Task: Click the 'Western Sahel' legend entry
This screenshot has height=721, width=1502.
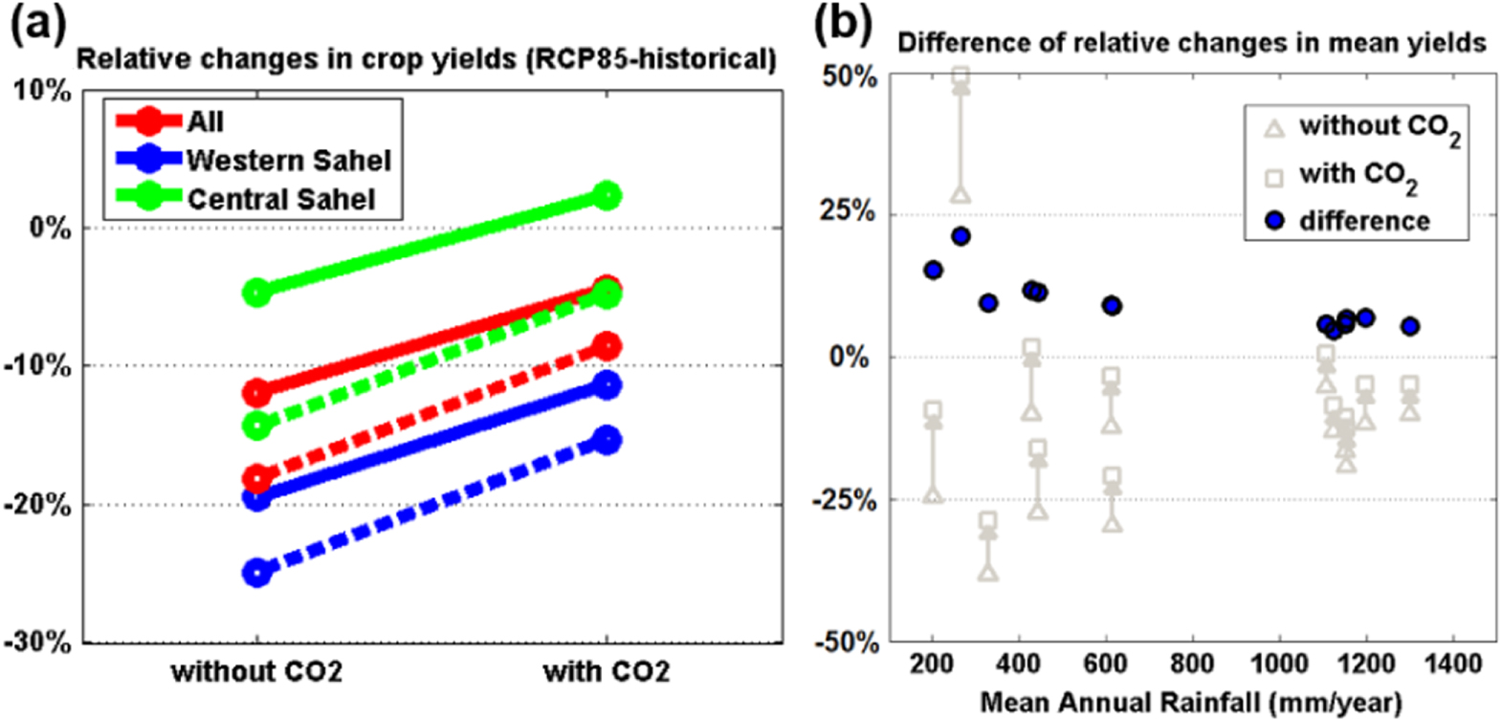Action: click(x=288, y=160)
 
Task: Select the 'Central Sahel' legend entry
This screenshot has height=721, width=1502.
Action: click(x=280, y=199)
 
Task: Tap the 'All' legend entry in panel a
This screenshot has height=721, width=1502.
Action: click(x=205, y=121)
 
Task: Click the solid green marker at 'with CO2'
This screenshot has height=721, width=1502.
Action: click(x=607, y=196)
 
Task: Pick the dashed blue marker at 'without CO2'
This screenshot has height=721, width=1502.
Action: click(x=256, y=573)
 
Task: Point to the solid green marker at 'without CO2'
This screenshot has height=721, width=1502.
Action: click(x=256, y=292)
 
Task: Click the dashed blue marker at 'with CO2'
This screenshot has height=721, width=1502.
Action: click(x=607, y=440)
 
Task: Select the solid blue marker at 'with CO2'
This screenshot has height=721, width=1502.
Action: click(x=607, y=385)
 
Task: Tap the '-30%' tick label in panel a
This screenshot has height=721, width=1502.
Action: click(x=39, y=642)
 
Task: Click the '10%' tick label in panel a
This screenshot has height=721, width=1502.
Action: click(x=43, y=91)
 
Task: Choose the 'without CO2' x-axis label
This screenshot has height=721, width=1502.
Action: click(x=256, y=671)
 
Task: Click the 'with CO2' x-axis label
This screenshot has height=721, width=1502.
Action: click(x=607, y=671)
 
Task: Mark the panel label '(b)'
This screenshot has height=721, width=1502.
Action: click(x=842, y=23)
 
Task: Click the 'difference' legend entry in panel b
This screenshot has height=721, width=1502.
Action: click(x=1364, y=221)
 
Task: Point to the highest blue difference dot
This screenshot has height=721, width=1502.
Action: click(x=961, y=236)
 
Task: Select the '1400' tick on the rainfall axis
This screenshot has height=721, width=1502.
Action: click(x=1452, y=663)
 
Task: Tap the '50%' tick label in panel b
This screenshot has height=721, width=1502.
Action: click(x=850, y=76)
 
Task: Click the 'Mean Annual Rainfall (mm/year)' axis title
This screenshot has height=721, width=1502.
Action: click(x=1191, y=703)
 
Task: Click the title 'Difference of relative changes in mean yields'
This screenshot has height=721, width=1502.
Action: click(x=1191, y=43)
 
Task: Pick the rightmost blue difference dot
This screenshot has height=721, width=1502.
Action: click(x=1409, y=326)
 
